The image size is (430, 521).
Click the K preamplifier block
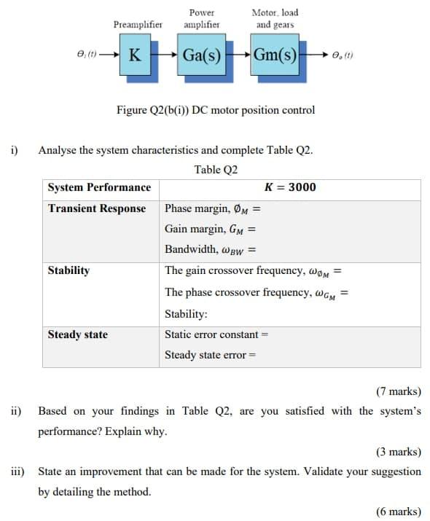[x=134, y=55]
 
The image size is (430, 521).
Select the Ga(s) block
[x=202, y=55]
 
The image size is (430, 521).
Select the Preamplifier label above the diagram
[x=137, y=24]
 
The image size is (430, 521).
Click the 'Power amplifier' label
[x=201, y=18]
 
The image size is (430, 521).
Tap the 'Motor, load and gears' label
[x=274, y=18]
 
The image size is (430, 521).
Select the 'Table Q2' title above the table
[x=216, y=170]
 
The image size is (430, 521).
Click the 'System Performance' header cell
[x=99, y=187]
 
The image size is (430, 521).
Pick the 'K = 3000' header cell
[x=290, y=187]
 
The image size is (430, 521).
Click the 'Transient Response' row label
[x=97, y=208]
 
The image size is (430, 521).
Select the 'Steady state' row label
[x=77, y=334]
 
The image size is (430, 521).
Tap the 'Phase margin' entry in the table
[x=212, y=209]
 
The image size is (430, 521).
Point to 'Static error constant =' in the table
[x=217, y=334]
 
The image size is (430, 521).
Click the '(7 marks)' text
[x=398, y=391]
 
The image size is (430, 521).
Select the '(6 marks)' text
[x=398, y=511]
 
